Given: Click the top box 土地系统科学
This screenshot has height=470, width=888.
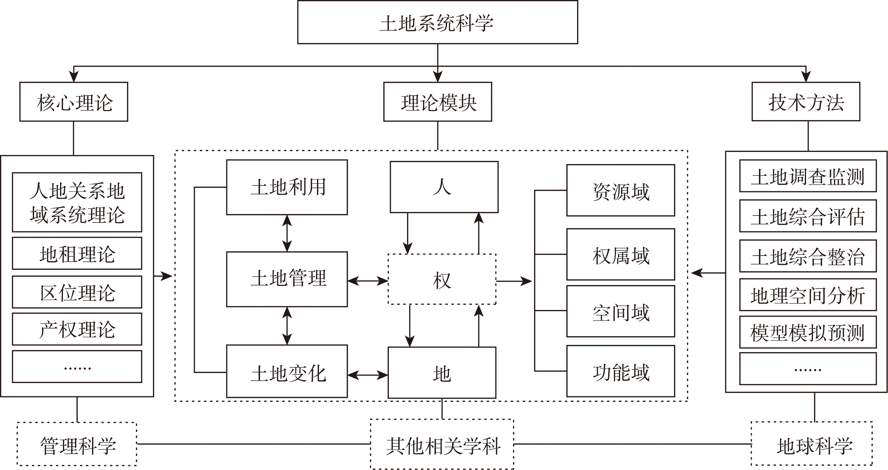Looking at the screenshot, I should (437, 23).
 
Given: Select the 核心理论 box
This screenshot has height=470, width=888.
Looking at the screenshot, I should (74, 102).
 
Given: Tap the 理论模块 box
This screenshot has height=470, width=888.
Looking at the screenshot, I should (437, 102).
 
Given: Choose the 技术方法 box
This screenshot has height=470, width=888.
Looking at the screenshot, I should (806, 102).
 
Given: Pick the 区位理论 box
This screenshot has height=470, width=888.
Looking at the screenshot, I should (77, 292).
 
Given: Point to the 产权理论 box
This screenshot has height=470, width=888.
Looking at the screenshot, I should (77, 329).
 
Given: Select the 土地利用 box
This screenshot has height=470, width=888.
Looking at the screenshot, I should (287, 187).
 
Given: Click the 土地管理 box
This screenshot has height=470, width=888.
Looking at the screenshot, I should (287, 279).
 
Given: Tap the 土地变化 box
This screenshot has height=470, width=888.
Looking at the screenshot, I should (287, 371).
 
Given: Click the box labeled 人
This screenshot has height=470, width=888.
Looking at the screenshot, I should (444, 187).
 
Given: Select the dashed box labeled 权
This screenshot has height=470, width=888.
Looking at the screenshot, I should (442, 279).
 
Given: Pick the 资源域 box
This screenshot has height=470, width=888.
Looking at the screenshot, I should (620, 190).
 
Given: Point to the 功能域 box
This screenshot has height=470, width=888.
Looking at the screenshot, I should (620, 371).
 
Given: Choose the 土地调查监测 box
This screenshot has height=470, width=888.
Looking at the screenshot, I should (808, 176).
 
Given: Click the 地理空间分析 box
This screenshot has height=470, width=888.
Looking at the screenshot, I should (808, 295).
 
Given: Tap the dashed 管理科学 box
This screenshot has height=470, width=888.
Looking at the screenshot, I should (77, 444).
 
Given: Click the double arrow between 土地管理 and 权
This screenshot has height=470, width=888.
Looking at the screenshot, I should (368, 281).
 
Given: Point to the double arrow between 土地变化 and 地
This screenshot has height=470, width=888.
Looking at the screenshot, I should (368, 375).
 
